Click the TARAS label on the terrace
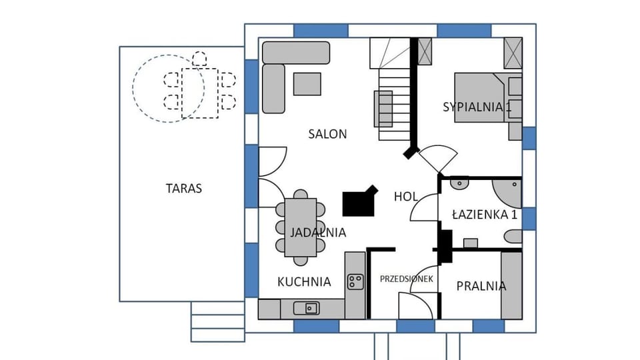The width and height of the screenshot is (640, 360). tap(183, 189)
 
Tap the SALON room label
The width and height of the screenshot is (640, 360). tap(327, 134)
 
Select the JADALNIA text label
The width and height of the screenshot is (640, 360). tap(318, 233)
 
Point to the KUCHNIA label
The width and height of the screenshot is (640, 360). tap(304, 282)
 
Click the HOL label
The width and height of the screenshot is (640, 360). tap(406, 197)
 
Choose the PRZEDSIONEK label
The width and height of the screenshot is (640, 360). tap(407, 279)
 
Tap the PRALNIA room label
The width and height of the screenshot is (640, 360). tap(481, 287)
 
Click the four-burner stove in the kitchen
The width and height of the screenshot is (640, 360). tap(355, 282)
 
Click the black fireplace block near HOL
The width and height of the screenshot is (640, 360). tap(359, 201)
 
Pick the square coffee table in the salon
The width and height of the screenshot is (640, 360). tap(307, 83)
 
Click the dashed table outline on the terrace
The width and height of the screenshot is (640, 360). tap(199, 93)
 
